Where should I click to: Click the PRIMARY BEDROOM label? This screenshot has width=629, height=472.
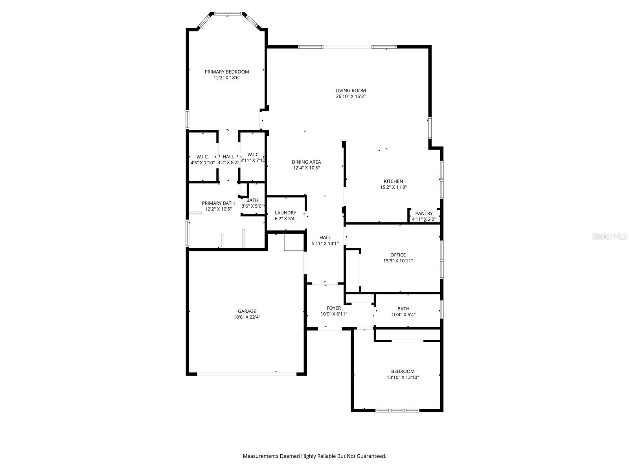pos(227,72)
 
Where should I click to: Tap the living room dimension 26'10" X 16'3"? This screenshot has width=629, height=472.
pos(351,96)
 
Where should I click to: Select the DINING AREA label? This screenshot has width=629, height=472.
pos(306,162)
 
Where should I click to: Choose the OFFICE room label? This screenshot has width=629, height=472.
pos(398,255)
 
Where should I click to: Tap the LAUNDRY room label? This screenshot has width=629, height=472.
pos(285,213)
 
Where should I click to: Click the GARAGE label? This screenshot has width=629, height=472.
pos(247,311)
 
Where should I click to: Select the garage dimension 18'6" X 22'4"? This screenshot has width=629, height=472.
pos(247,317)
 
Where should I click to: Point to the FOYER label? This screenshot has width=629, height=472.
pos(334,308)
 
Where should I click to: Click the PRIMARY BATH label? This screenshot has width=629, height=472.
pos(218,203)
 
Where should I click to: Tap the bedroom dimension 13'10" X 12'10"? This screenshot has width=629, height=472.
pos(403,377)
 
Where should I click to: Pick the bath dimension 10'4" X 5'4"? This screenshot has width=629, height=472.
pos(403,315)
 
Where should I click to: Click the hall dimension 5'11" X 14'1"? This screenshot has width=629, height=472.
pos(325,243)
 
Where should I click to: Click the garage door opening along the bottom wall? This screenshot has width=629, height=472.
pos(247,374)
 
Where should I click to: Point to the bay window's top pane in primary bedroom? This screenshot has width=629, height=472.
pos(228,14)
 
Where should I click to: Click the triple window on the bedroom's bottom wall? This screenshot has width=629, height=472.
pos(397,410)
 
